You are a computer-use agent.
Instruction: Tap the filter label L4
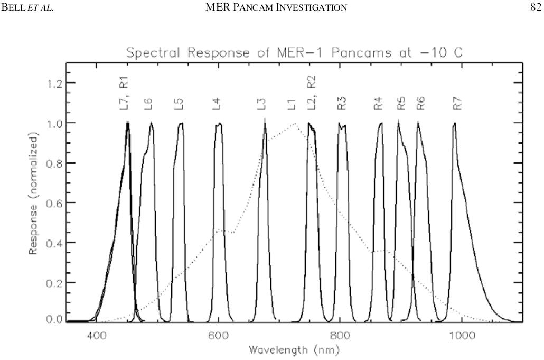coord(217,103)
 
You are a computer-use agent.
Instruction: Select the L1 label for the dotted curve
coord(292,103)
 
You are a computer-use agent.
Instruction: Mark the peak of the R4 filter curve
coord(380,124)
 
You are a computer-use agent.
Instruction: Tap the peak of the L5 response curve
coord(181,124)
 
